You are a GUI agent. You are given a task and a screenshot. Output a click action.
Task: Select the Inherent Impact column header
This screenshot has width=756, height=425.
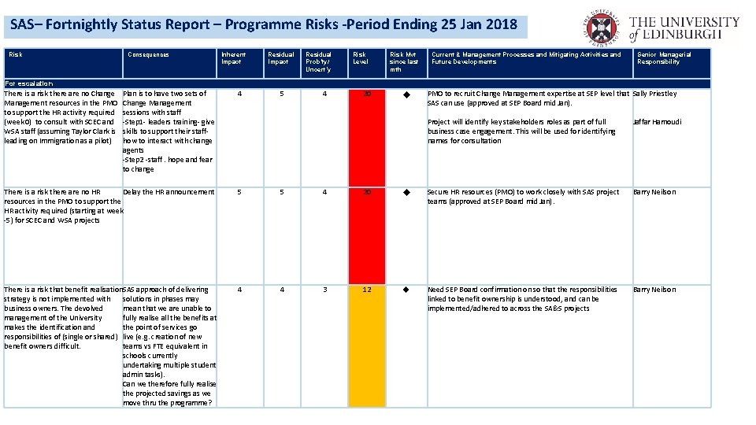(233, 58)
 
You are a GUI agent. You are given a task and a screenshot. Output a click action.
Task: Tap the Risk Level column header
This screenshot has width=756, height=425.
(360, 58)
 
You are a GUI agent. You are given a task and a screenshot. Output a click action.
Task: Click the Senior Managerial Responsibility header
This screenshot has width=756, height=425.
(664, 58)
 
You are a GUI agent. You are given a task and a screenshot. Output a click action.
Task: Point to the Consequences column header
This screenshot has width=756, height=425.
(149, 54)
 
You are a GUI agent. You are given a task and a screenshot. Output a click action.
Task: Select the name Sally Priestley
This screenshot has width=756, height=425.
(654, 94)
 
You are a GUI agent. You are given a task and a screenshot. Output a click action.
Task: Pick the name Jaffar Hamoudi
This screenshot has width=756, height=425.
(658, 122)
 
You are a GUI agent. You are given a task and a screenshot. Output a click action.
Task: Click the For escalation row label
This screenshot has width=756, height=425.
(28, 83)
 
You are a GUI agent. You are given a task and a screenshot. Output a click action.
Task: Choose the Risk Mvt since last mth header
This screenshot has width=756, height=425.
(404, 62)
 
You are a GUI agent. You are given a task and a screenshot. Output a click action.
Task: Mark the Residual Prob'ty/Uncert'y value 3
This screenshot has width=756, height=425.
(324, 290)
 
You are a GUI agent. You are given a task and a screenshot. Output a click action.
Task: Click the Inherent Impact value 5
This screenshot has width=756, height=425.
(239, 192)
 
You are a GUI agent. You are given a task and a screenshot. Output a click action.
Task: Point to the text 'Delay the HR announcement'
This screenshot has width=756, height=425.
(169, 192)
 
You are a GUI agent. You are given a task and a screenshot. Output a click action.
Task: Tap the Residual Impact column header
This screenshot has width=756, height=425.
(278, 58)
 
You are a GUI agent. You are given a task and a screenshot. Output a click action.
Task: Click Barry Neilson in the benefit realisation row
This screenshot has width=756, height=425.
(654, 290)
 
